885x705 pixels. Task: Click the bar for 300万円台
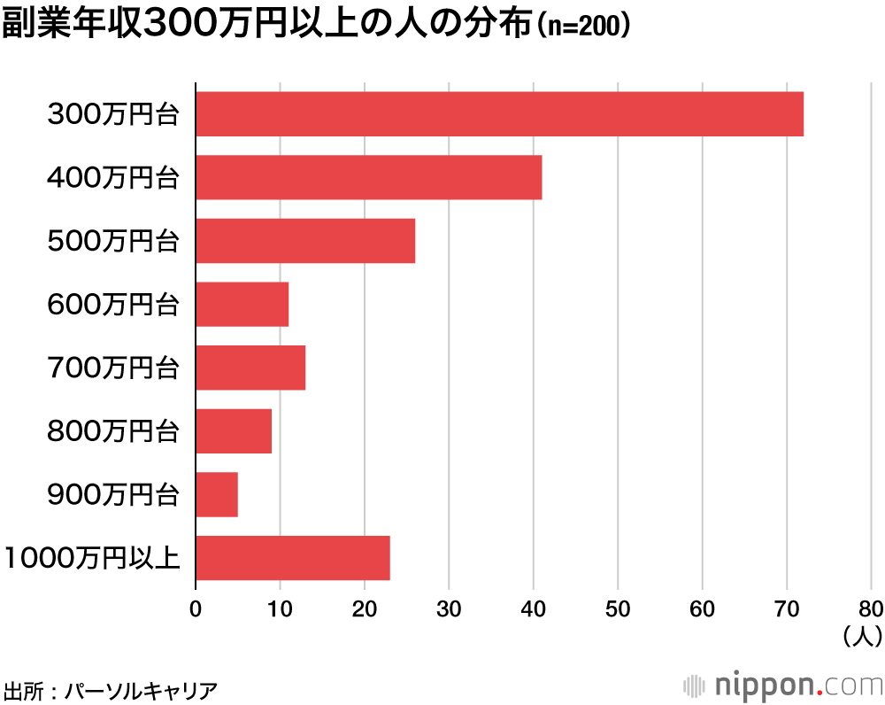point(499,113)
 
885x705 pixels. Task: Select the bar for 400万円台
point(368,177)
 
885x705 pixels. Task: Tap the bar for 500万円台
point(305,241)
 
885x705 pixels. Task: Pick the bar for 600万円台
point(242,304)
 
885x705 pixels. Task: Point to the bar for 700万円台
point(250,368)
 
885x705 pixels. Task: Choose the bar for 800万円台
point(234,431)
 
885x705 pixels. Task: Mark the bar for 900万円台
point(217,494)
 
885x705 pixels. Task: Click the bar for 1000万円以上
point(293,558)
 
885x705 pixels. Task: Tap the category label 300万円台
point(113,114)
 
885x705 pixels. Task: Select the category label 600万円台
point(113,305)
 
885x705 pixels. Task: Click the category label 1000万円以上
point(92,559)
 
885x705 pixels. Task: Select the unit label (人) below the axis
point(860,634)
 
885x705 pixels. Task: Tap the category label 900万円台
point(113,495)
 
